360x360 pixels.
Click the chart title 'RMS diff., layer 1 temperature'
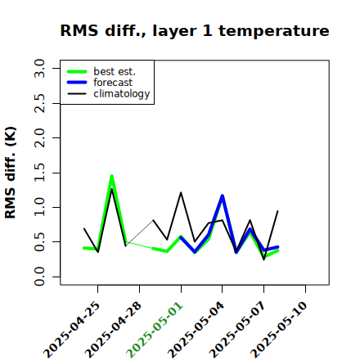[x=195, y=30]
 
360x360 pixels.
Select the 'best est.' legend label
[x=115, y=71]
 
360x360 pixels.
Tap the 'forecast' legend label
[x=113, y=83]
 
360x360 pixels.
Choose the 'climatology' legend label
[x=122, y=94]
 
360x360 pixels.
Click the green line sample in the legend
[x=77, y=71]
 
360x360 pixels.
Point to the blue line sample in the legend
[x=77, y=83]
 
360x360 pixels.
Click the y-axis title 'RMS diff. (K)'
[x=11, y=173]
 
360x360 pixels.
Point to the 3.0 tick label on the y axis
[x=39, y=68]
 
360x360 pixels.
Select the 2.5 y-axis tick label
[x=39, y=103]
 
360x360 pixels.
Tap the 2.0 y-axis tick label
[x=39, y=137]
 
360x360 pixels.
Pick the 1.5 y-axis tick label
[x=39, y=173]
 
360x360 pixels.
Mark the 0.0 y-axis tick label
[x=39, y=277]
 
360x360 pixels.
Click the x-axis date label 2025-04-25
[x=72, y=330]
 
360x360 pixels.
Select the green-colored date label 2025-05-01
[x=155, y=330]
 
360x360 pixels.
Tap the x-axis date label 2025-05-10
[x=279, y=330]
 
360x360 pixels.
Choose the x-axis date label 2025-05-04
[x=196, y=330]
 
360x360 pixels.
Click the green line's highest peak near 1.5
[x=112, y=176]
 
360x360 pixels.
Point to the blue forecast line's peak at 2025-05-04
[x=223, y=196]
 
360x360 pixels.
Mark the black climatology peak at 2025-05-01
[x=181, y=192]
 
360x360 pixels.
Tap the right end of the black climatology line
[x=277, y=211]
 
